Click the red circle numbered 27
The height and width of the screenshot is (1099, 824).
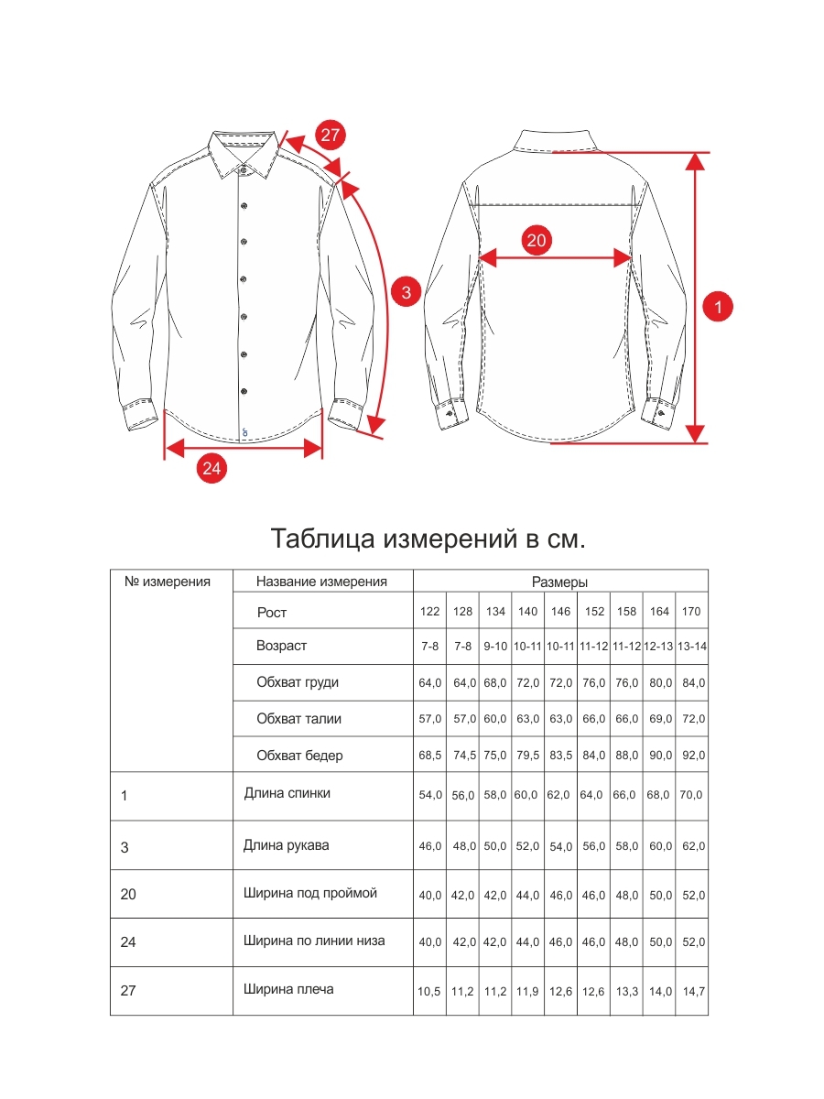click(x=331, y=135)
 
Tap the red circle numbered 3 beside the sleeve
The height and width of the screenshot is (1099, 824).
click(x=406, y=292)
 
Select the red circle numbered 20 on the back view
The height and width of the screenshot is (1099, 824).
click(x=537, y=240)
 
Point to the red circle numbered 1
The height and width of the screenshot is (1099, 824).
click(x=719, y=307)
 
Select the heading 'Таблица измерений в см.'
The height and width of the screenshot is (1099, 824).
click(x=428, y=539)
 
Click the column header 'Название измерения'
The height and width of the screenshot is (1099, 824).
click(x=321, y=582)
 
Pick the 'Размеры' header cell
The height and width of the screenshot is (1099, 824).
click(x=559, y=582)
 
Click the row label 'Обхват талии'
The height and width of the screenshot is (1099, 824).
click(x=298, y=719)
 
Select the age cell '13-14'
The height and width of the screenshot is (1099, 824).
click(x=691, y=647)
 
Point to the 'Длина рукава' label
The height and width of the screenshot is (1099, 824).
click(x=286, y=845)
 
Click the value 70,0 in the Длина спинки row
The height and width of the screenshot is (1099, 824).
click(x=691, y=795)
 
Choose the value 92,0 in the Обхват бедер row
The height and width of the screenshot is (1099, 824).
click(x=691, y=756)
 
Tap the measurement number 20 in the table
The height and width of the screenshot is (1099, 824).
click(x=128, y=894)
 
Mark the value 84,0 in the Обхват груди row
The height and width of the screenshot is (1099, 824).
click(x=691, y=683)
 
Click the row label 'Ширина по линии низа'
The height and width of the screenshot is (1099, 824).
click(x=314, y=941)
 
